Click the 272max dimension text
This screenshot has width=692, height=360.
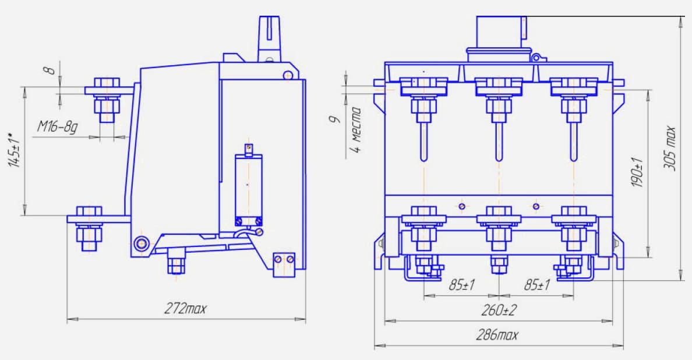pos(185,309)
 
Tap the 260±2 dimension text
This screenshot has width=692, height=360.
pos(498,310)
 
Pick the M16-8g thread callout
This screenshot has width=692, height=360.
pos(58,126)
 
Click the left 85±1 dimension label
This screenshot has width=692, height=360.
pos(462,285)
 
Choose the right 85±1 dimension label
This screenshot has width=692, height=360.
pos(536,285)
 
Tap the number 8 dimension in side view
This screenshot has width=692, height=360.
pos(51,70)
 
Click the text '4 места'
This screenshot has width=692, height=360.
pos(356,129)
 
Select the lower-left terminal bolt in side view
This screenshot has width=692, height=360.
pos(89,227)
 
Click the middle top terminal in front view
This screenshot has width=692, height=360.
pos(499,96)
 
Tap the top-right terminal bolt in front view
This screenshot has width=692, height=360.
pos(573,96)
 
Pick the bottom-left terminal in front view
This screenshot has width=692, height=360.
pos(424,227)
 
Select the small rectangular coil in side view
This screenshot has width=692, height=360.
pos(248,185)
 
